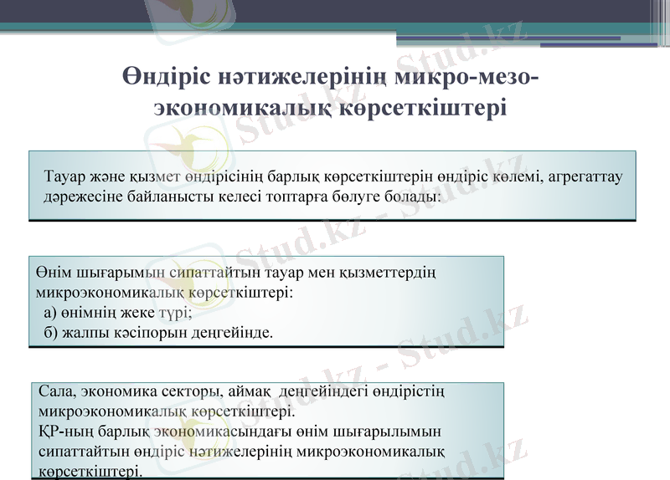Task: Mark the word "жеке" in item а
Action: (x=135, y=313)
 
